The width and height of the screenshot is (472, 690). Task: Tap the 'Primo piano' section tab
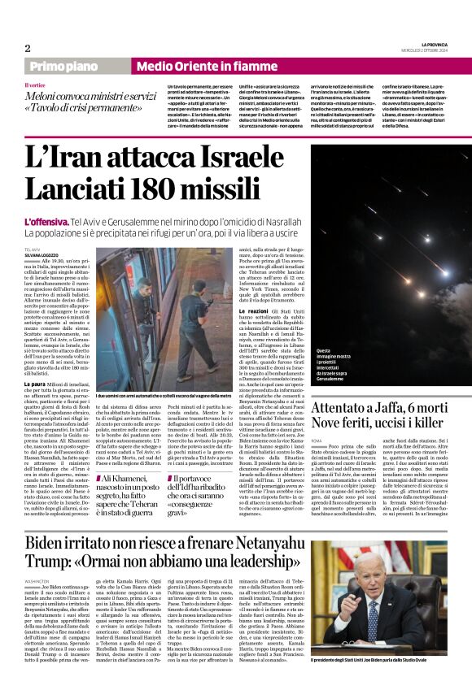pyautogui.click(x=64, y=66)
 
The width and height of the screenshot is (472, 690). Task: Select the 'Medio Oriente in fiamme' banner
pyautogui.click(x=195, y=66)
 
